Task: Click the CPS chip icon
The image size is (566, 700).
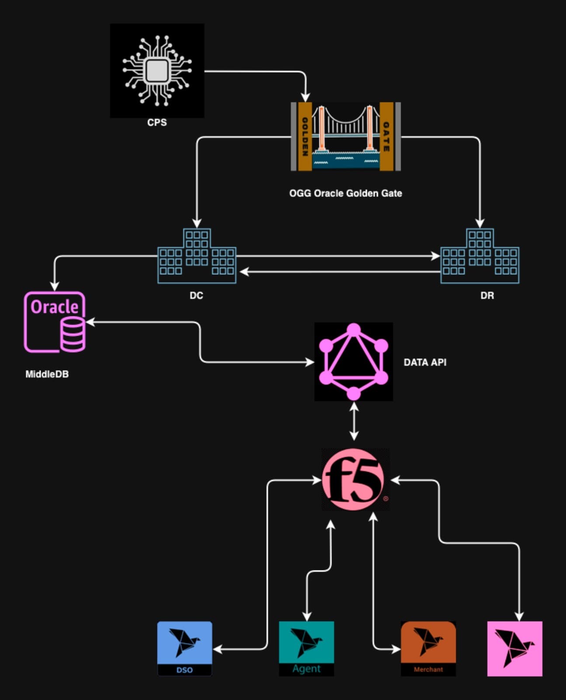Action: (157, 70)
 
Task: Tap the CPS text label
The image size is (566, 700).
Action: (157, 122)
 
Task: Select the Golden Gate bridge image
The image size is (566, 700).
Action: (346, 136)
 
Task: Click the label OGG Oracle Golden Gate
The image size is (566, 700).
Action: (346, 193)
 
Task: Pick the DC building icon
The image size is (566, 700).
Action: (197, 256)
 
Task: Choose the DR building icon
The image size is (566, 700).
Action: (480, 256)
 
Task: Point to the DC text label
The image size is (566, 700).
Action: (196, 296)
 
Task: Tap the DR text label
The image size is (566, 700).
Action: (487, 296)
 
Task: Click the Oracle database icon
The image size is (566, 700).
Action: (55, 322)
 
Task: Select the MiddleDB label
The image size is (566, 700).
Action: (47, 374)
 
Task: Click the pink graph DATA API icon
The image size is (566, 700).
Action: (353, 362)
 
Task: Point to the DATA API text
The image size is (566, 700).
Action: (425, 363)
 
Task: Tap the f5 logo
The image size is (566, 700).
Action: (353, 480)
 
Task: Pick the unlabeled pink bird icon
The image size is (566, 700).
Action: (515, 648)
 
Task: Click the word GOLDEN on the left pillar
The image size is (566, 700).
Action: (305, 136)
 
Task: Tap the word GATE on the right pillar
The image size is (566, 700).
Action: (386, 136)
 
